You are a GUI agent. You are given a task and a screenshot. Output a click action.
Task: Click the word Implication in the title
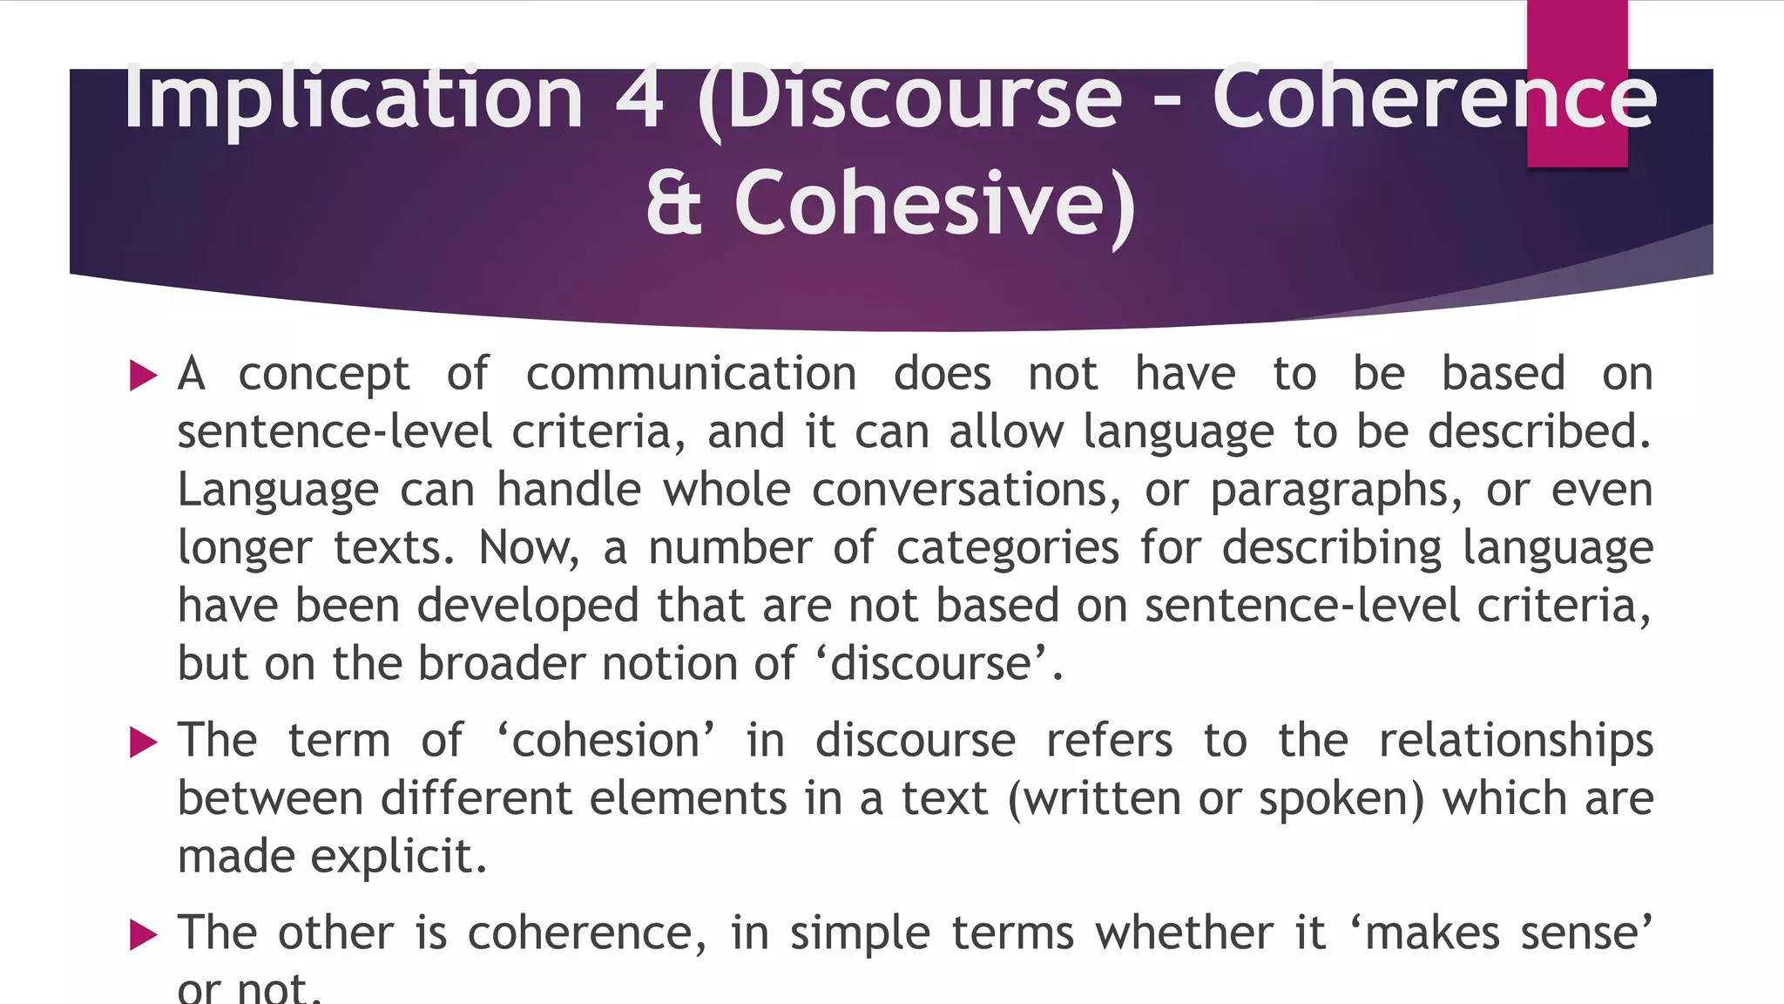tap(352, 98)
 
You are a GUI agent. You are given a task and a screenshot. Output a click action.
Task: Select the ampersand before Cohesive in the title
tap(673, 204)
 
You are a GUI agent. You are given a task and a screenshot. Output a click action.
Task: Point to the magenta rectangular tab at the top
tap(1577, 84)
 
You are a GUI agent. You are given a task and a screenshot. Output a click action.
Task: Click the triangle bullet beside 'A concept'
tap(143, 376)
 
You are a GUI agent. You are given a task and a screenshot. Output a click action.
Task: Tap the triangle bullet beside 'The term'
tap(143, 743)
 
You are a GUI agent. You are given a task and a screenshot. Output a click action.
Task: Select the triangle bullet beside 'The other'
tap(143, 935)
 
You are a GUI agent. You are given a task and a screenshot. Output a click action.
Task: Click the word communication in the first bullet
tap(691, 374)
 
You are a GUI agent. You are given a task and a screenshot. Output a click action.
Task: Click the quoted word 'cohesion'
tap(606, 741)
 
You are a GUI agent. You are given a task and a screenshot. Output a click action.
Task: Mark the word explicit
tap(398, 857)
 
